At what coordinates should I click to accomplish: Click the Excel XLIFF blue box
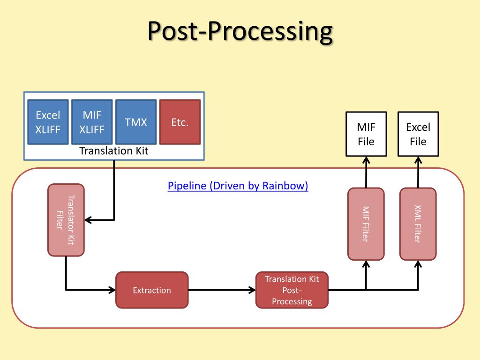point(48,122)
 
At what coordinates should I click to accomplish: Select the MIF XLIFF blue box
point(92,122)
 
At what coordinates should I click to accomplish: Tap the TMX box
point(136,122)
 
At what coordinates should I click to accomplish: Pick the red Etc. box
point(180,122)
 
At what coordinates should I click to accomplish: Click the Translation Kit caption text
point(113,151)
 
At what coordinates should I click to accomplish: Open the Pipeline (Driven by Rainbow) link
point(238,186)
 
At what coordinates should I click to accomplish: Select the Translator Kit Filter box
point(66,220)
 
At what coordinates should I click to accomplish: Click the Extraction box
point(152,290)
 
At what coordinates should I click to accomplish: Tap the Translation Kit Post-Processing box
point(292,290)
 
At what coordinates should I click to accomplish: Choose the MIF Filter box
point(366,224)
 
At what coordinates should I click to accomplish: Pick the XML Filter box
point(418,224)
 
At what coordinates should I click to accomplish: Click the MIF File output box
point(366,134)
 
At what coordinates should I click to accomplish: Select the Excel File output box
point(418,134)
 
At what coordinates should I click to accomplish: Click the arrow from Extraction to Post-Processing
point(222,290)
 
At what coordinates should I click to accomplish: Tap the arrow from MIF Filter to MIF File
point(366,172)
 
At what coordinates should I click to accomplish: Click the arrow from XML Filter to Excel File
point(418,172)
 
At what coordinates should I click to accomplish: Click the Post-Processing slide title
point(240,31)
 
